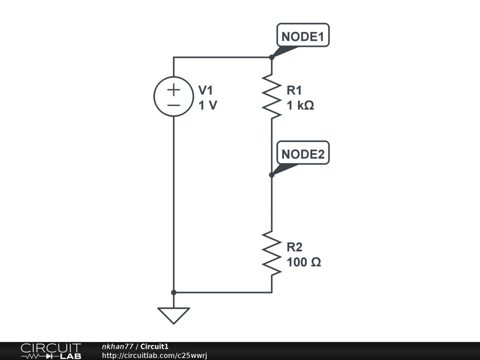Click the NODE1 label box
click(303, 36)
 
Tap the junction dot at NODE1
click(271, 57)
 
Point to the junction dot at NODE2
click(271, 175)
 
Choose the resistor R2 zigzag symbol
click(271, 253)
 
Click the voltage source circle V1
click(173, 96)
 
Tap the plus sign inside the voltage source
click(173, 89)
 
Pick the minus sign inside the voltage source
click(173, 105)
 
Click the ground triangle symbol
click(173, 315)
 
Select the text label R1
click(295, 90)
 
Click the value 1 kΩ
click(300, 106)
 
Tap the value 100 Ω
click(304, 262)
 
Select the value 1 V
click(208, 106)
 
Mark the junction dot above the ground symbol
click(173, 292)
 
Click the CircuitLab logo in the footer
click(51, 351)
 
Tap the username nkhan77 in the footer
click(118, 346)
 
